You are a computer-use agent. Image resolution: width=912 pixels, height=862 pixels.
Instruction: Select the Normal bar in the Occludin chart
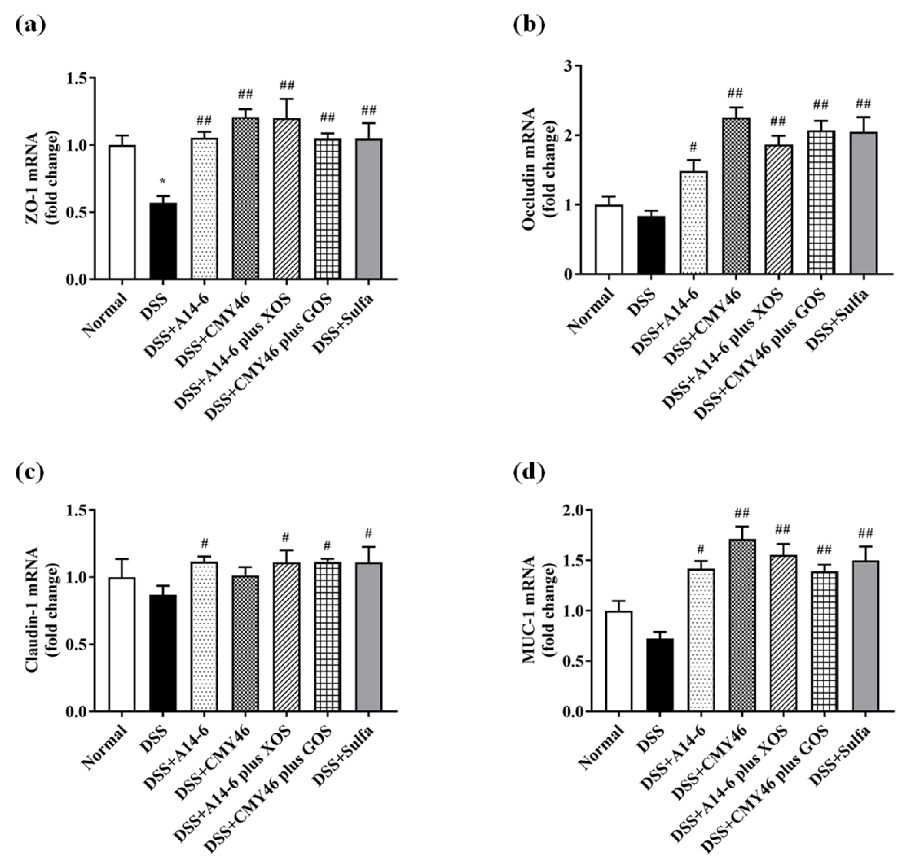[609, 240]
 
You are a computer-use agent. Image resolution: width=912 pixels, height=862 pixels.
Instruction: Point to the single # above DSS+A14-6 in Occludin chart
[693, 148]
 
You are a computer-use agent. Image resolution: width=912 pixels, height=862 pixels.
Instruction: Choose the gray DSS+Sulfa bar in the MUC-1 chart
[866, 636]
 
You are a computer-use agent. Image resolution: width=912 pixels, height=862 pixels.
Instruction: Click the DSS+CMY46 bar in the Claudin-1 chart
[245, 644]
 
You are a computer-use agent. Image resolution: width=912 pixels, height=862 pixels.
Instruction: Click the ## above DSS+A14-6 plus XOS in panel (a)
[286, 86]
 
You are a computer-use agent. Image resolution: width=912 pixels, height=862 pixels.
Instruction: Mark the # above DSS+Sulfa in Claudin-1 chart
[368, 534]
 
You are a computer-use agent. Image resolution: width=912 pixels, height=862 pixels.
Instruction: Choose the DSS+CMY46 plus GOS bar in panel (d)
[825, 642]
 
